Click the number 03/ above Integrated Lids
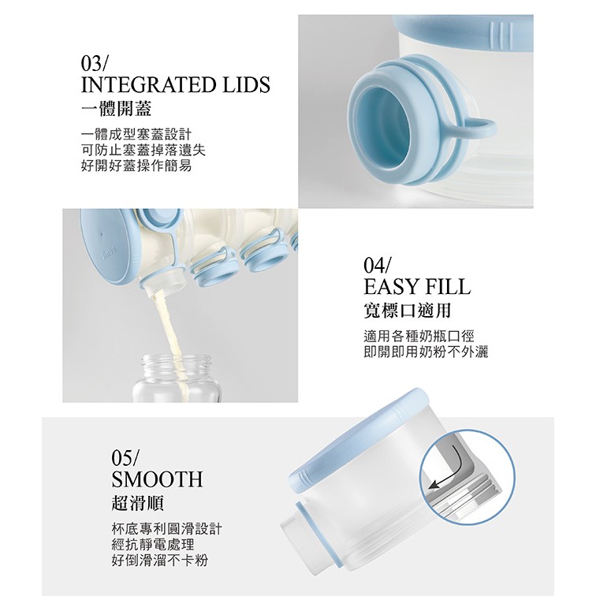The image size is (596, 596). tap(95, 63)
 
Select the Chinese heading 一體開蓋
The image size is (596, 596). tap(117, 109)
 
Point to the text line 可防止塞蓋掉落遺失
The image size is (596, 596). tap(143, 150)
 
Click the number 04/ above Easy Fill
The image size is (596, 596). tap(377, 266)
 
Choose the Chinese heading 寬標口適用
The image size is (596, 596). tap(407, 311)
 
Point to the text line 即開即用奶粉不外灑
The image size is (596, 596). tap(426, 352)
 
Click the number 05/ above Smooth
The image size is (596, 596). tap(126, 457)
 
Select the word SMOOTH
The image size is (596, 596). tap(157, 479)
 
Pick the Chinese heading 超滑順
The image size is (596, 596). tap(138, 503)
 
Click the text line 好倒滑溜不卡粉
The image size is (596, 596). tap(159, 561)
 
